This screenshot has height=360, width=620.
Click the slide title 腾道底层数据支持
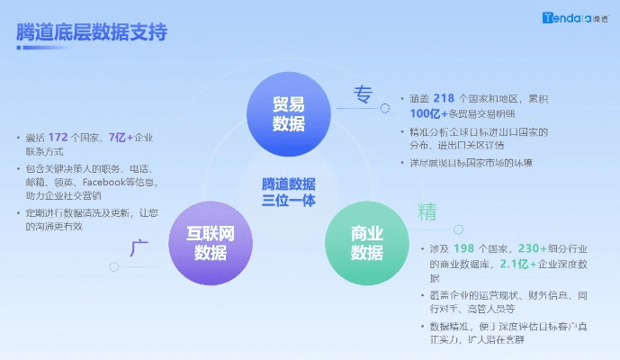coord(92,32)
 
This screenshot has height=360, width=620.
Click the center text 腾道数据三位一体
coord(289,192)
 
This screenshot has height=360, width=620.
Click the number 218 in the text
coord(445,98)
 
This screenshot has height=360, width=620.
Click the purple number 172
coord(59,137)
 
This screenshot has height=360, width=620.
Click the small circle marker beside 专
coord(385,108)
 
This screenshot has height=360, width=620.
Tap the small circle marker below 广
coord(113,266)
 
